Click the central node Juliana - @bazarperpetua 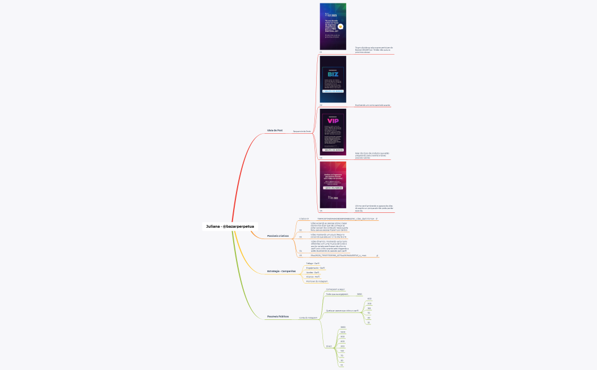[x=230, y=227]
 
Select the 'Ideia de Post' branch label [x=275, y=130]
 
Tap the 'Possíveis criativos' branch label [x=278, y=236]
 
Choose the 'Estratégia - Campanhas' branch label [x=281, y=271]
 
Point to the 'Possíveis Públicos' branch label [x=278, y=316]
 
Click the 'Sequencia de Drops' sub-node [x=302, y=131]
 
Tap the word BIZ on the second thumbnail [x=333, y=73]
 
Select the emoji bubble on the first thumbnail [x=341, y=26]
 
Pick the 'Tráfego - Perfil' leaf [x=313, y=264]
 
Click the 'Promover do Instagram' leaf [x=317, y=281]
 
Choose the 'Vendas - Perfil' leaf [x=313, y=273]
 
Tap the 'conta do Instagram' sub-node [x=308, y=318]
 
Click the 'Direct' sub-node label [x=329, y=346]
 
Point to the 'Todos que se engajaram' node [x=337, y=294]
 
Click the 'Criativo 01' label [x=304, y=219]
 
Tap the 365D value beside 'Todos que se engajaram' [x=359, y=294]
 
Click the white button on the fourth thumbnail [x=333, y=187]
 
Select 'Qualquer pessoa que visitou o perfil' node [x=342, y=311]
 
